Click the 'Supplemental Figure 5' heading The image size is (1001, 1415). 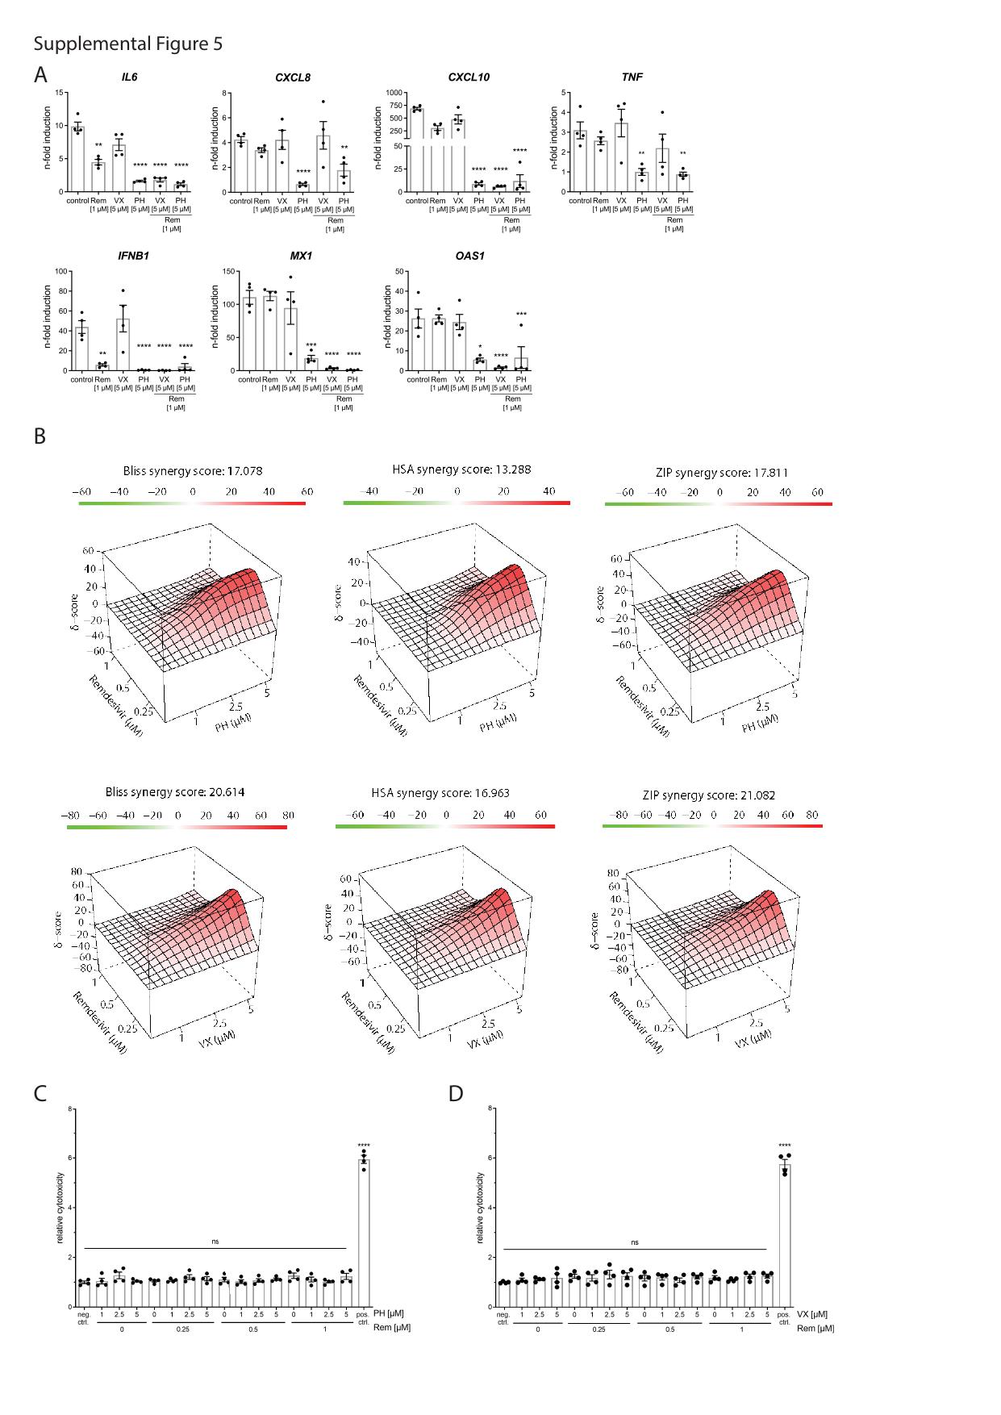pyautogui.click(x=127, y=44)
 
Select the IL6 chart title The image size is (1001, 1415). pyautogui.click(x=129, y=77)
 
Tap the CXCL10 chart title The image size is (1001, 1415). pyautogui.click(x=469, y=77)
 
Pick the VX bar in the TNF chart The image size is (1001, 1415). pyautogui.click(x=621, y=157)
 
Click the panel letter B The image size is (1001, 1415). pyautogui.click(x=40, y=436)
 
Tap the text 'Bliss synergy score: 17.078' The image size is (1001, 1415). pyautogui.click(x=193, y=470)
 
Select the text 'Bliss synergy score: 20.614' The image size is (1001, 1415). pyautogui.click(x=175, y=792)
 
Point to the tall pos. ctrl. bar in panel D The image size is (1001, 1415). pyautogui.click(x=784, y=1234)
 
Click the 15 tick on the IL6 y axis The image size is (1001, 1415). pyautogui.click(x=58, y=93)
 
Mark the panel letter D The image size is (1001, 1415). pyautogui.click(x=456, y=1094)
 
